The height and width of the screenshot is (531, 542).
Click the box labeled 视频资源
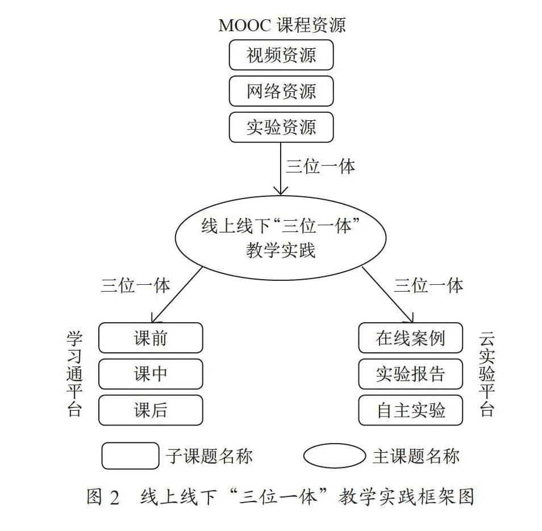[281, 55]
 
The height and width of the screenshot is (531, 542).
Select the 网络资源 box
[281, 91]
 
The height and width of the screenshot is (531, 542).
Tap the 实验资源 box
[281, 127]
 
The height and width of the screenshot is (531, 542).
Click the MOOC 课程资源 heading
[282, 25]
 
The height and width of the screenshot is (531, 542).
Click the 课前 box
[151, 338]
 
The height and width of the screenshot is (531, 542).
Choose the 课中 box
[151, 374]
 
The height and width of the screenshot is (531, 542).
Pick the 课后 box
[151, 410]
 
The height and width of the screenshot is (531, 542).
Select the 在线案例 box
[411, 338]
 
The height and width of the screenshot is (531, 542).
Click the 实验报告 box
[411, 374]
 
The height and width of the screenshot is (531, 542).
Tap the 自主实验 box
[411, 410]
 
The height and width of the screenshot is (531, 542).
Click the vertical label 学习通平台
[74, 374]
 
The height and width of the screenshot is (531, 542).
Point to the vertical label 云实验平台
[487, 374]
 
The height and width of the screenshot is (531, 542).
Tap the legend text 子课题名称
[210, 456]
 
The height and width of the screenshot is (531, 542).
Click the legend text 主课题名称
[416, 456]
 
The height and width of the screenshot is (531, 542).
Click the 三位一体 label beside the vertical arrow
[320, 167]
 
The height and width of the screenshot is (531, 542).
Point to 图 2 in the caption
[103, 498]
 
